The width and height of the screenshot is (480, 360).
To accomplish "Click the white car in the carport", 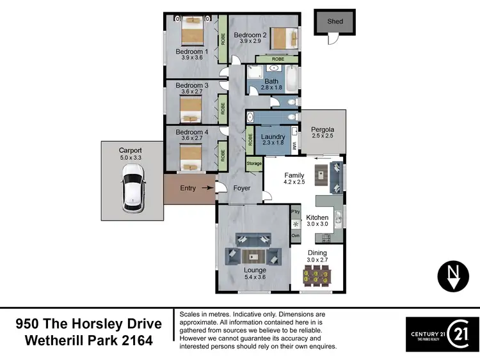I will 133,188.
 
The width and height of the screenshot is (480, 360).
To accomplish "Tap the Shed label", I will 335,21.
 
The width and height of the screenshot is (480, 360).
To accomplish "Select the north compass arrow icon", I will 453,276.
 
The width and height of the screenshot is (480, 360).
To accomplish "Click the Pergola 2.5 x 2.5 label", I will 323,132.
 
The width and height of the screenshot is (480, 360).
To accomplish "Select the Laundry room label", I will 273,138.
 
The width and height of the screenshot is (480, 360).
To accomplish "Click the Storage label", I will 254,164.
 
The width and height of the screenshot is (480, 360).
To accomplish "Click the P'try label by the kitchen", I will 296,212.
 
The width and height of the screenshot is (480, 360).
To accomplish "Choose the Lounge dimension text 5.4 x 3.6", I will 255,278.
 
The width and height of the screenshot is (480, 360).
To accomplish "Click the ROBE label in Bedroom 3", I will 223,108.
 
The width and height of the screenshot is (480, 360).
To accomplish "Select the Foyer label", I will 241,188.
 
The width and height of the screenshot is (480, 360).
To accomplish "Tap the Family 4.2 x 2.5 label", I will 294,178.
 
